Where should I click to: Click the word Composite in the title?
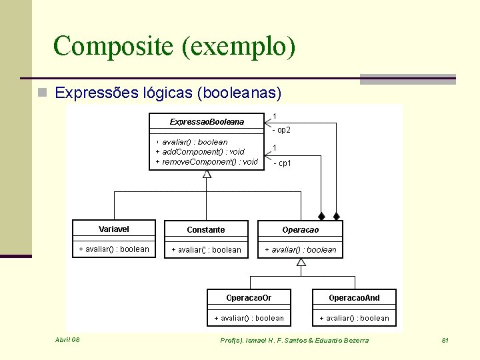point(106,47)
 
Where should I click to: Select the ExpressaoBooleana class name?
point(207,122)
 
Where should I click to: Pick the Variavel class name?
point(114,229)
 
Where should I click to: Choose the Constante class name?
point(206,230)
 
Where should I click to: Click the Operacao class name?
point(301,230)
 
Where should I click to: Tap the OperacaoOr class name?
point(249,298)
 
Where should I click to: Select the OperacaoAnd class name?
point(354,298)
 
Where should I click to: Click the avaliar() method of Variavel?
point(114,249)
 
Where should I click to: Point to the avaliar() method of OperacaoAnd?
point(355,318)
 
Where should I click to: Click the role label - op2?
point(281,130)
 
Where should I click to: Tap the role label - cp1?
point(281,163)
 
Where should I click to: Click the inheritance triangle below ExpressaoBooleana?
point(207,174)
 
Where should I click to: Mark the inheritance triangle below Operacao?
point(301,262)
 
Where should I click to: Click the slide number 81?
point(445,341)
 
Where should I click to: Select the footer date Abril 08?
point(67,340)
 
